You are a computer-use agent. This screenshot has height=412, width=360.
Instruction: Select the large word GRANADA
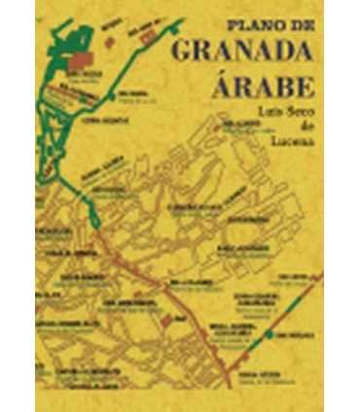[247, 50]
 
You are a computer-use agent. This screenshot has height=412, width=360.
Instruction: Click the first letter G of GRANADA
[185, 50]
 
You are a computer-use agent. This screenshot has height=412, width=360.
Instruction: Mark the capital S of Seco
[282, 113]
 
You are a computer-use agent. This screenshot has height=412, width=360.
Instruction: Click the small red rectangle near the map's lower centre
[167, 318]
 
